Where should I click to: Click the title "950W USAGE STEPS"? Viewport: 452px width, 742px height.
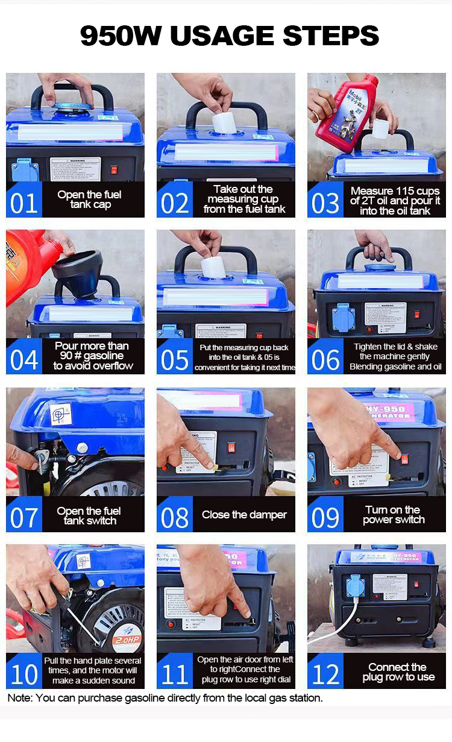point(230,36)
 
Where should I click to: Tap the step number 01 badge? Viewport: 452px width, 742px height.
point(24,203)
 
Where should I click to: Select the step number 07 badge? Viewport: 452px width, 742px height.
point(24,517)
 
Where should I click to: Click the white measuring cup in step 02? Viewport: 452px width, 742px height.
point(224,122)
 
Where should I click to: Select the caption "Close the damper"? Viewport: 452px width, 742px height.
point(244,515)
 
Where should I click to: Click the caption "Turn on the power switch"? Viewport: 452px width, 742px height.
point(394,515)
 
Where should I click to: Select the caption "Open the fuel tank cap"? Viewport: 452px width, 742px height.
point(89,200)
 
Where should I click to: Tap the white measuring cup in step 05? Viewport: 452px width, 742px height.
point(213,266)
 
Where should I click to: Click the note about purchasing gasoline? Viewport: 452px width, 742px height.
point(165,698)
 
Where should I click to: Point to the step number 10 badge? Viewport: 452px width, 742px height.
point(24,674)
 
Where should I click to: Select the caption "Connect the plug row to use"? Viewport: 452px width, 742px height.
point(398,672)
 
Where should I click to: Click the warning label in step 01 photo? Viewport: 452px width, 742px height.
point(75,169)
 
